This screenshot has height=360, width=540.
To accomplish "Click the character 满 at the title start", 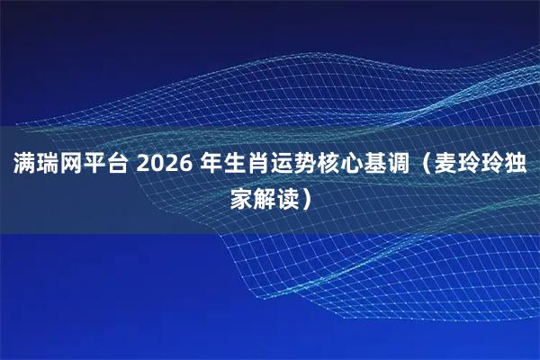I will click(22, 165).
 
